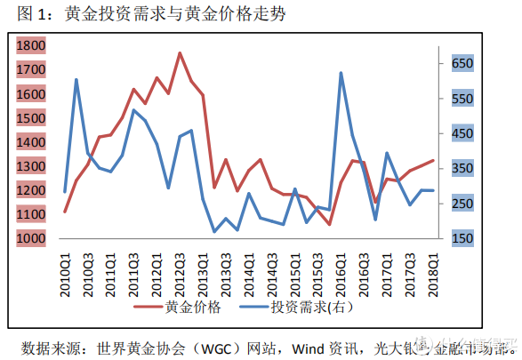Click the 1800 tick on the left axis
click(x=31, y=45)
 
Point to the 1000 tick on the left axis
click(x=31, y=238)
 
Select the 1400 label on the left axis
click(x=31, y=142)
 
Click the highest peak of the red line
click(x=180, y=53)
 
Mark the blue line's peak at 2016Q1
click(x=341, y=73)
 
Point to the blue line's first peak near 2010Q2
click(x=76, y=80)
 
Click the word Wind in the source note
click(x=298, y=345)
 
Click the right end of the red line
click(x=433, y=160)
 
